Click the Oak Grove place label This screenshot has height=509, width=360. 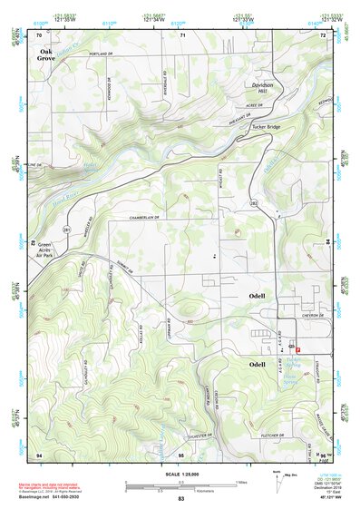[x=46, y=55]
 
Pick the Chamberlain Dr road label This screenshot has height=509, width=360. [x=143, y=219]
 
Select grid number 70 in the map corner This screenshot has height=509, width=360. [x=40, y=34]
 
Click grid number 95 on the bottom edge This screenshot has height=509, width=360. [x=181, y=453]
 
